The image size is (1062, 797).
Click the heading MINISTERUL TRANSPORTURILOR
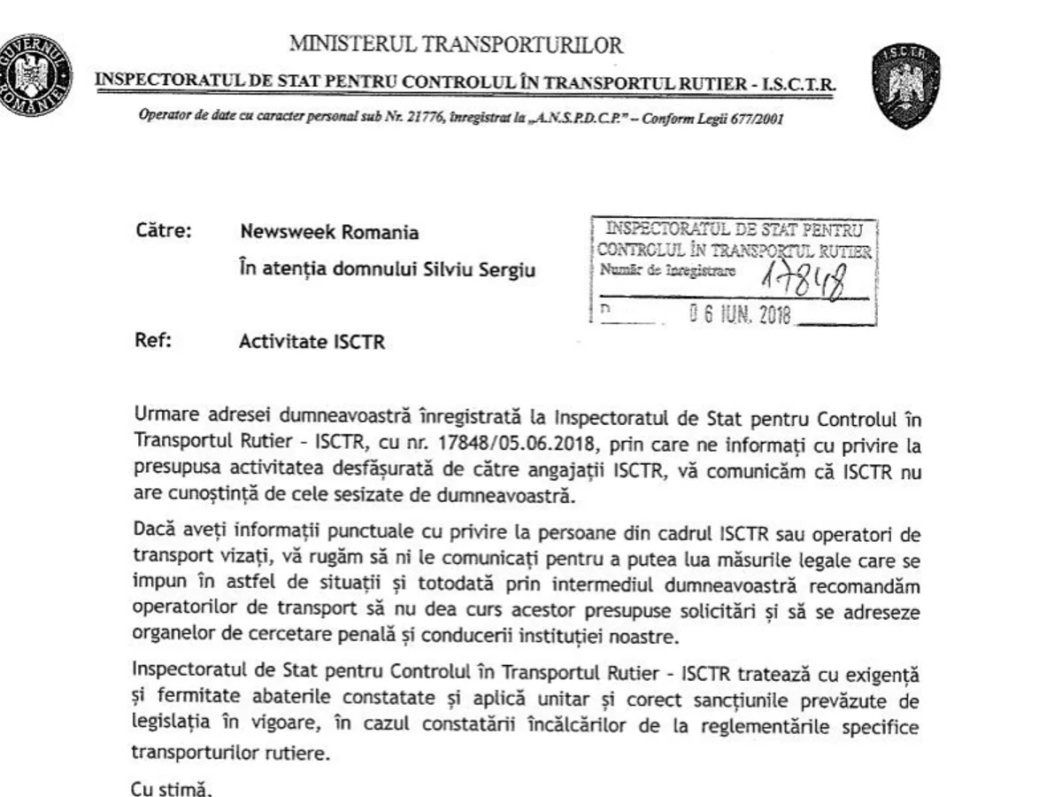coord(457,43)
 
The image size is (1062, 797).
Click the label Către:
coord(165,233)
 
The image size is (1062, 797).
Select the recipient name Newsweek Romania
coord(330,234)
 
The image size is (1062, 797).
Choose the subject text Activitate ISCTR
coord(312,343)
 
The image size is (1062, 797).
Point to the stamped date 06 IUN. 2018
coord(743,316)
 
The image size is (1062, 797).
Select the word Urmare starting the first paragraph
coord(162,414)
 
